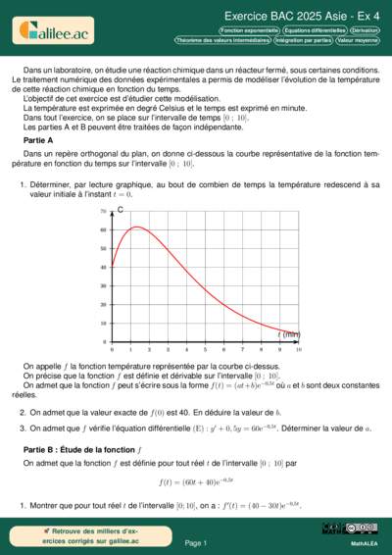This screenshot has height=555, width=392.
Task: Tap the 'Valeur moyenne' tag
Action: click(358, 40)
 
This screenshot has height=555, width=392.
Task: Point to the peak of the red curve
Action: click(137, 227)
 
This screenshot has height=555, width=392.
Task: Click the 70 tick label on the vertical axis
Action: click(103, 212)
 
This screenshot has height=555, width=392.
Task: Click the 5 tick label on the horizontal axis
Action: click(205, 349)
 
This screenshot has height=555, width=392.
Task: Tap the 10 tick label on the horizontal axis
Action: click(298, 349)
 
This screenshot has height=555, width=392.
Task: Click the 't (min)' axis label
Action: click(288, 334)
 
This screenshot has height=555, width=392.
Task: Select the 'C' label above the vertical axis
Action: click(120, 210)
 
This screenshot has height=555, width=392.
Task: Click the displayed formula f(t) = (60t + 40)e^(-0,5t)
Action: click(196, 482)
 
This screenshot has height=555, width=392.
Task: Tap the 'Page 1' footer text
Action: click(196, 542)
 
